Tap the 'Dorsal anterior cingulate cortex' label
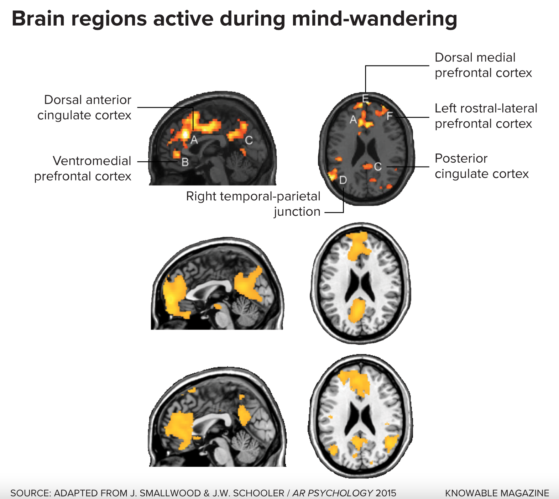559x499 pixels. pyautogui.click(x=84, y=107)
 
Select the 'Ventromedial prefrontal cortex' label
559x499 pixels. pyautogui.click(x=83, y=168)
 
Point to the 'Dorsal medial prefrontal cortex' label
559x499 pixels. pyautogui.click(x=483, y=65)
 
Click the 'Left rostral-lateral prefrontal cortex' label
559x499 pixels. pyautogui.click(x=486, y=116)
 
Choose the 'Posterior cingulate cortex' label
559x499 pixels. pyautogui.click(x=481, y=166)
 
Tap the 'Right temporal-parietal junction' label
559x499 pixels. pyautogui.click(x=253, y=204)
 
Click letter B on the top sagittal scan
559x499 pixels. pyautogui.click(x=185, y=162)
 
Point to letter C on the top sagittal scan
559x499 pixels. pyautogui.click(x=249, y=141)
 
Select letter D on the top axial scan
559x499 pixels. pyautogui.click(x=343, y=180)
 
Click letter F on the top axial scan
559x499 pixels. pyautogui.click(x=390, y=116)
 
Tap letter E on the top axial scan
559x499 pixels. pyautogui.click(x=365, y=98)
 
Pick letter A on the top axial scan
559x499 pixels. pyautogui.click(x=353, y=120)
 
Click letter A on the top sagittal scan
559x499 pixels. pyautogui.click(x=194, y=140)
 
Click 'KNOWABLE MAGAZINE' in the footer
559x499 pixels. pyautogui.click(x=497, y=493)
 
